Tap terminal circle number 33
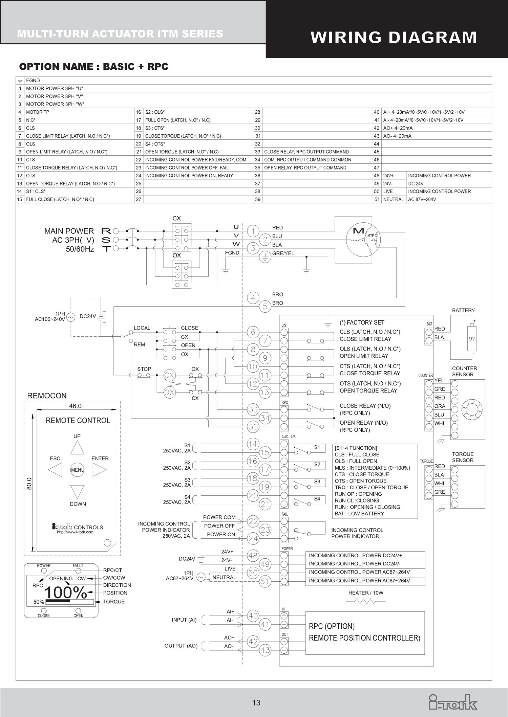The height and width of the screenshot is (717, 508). point(253,409)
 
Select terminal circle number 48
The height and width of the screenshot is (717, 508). point(253,556)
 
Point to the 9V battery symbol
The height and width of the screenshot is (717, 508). point(472,338)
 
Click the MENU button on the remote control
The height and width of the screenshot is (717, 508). point(78,470)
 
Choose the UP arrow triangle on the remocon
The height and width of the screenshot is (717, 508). point(77,448)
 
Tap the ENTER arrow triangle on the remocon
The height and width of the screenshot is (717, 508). point(99,470)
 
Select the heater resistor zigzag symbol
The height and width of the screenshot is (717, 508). point(365,601)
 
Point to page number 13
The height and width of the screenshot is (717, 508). point(256,703)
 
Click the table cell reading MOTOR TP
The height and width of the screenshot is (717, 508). point(38,112)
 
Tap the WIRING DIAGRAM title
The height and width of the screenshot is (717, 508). point(394,37)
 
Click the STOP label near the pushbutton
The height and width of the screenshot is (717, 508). point(144,369)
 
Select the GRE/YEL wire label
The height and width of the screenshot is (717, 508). point(283,253)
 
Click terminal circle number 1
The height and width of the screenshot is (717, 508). point(253,231)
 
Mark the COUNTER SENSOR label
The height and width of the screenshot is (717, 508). point(464,371)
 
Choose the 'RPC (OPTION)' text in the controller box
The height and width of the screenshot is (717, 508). point(332,626)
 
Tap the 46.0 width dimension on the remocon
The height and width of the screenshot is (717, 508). point(75,406)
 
